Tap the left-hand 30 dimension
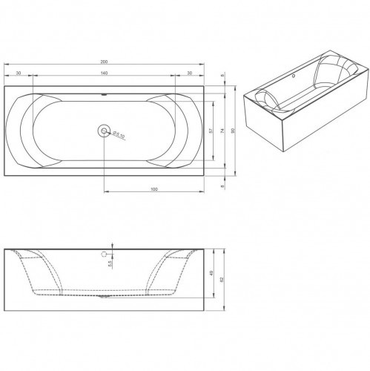click(x=17, y=73)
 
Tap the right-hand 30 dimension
click(x=189, y=73)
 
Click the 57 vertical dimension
click(x=211, y=131)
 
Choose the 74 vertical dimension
click(x=222, y=131)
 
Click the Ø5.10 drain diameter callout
click(x=120, y=134)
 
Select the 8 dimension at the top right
click(x=223, y=75)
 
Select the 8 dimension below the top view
click(x=223, y=187)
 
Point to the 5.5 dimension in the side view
click(x=109, y=263)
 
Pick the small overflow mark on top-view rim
click(x=103, y=95)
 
